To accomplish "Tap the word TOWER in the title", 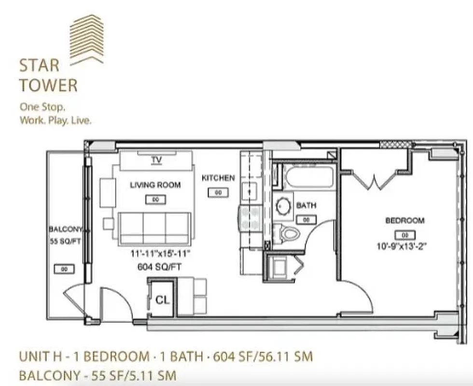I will point(48,85).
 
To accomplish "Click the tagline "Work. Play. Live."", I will point(55,121).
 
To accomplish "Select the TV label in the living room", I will point(155,160).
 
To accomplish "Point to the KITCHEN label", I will point(218,178).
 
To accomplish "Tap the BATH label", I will point(306,206).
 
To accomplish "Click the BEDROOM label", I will point(404,221).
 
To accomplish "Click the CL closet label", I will point(163,300).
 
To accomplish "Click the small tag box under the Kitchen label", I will point(218,193).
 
